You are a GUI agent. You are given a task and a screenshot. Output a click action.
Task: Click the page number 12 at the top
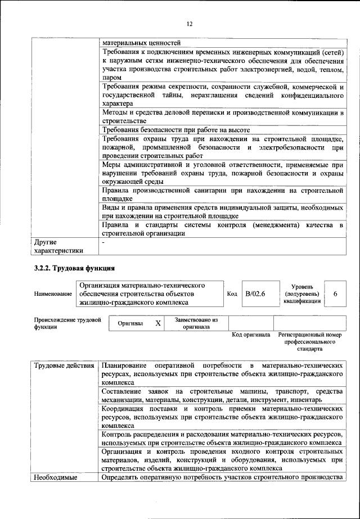tap(190, 24)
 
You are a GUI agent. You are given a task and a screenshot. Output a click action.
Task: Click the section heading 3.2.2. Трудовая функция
tap(75, 268)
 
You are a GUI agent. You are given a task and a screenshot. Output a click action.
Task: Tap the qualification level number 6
tap(335, 294)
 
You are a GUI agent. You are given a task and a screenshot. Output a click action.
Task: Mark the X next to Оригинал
tap(158, 323)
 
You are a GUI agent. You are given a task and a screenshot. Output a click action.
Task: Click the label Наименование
tap(53, 294)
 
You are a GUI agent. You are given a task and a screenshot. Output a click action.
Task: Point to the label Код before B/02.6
tap(232, 294)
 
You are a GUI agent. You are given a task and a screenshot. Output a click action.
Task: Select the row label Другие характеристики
tap(58, 246)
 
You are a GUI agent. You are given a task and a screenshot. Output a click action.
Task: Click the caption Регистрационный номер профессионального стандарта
tap(310, 342)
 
